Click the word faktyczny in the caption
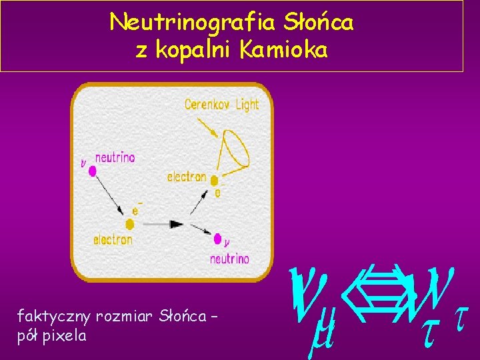(54, 315)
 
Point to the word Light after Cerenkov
(245, 104)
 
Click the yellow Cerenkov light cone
(235, 148)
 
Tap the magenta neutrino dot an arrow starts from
(93, 171)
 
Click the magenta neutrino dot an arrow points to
(217, 238)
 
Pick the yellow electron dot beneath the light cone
(214, 181)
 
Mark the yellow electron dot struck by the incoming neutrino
(130, 225)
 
